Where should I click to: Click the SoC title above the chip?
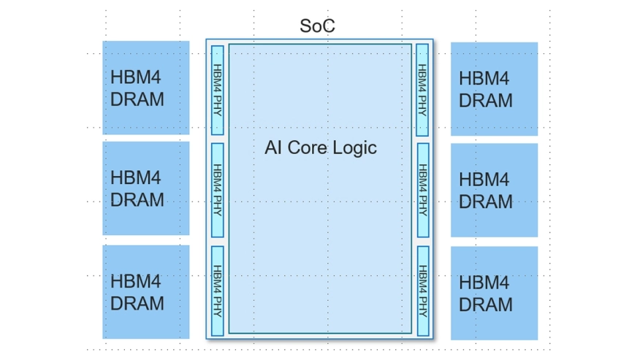[318, 26]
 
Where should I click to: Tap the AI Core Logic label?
[320, 148]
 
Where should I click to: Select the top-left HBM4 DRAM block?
[145, 88]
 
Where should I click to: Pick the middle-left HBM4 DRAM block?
[145, 188]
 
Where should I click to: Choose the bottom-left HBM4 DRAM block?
[145, 291]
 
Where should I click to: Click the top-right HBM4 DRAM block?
[494, 88]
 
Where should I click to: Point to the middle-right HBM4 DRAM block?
[494, 190]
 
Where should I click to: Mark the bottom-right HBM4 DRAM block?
[494, 293]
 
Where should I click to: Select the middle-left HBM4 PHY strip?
[217, 190]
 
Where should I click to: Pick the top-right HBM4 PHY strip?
[422, 90]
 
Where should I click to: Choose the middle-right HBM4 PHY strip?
[422, 190]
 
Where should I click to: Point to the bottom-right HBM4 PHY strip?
[422, 290]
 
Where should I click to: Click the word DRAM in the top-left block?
[137, 99]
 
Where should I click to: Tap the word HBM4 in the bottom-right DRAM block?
[484, 283]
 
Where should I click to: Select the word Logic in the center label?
[354, 148]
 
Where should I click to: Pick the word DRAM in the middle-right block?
[486, 200]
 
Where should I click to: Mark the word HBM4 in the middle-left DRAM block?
[135, 177]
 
